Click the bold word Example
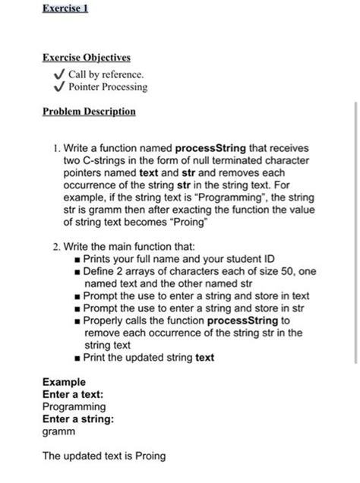click(64, 381)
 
